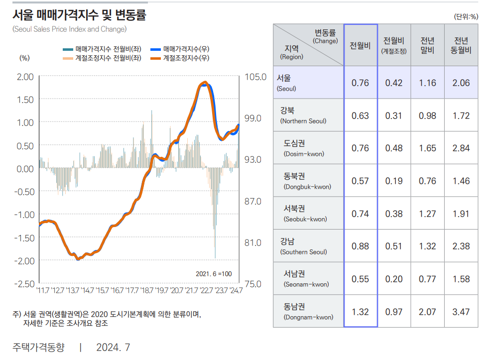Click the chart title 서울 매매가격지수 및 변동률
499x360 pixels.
pos(79,15)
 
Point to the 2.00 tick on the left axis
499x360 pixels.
pos(25,77)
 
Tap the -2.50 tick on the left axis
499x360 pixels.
pos(24,284)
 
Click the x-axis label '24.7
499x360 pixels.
pos(234,290)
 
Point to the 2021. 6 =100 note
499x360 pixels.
pos(214,274)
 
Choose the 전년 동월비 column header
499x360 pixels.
pos(461,45)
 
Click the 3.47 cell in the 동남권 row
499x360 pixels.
pos(461,312)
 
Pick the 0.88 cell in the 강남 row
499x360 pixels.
pos(360,246)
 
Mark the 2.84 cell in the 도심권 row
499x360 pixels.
pos(461,148)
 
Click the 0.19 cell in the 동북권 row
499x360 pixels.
pos(394,181)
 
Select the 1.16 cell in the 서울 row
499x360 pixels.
pos(427,83)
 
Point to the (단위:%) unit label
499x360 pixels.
pos(466,16)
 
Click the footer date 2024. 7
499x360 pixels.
pos(113,347)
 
